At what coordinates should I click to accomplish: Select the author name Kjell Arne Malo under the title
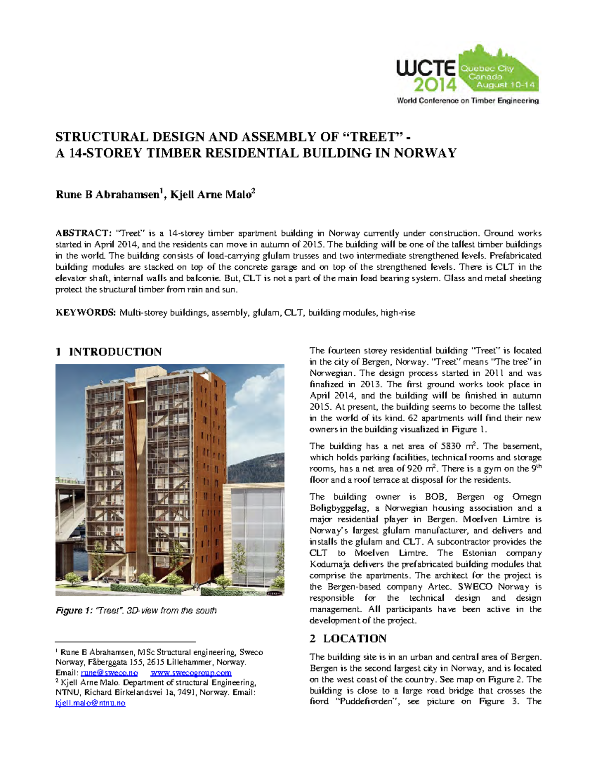click(x=210, y=195)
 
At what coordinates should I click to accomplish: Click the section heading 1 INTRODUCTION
click(x=108, y=352)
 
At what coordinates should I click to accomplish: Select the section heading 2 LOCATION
click(x=348, y=639)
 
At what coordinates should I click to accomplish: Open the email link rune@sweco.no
click(x=109, y=672)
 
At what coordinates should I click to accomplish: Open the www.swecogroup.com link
click(x=191, y=672)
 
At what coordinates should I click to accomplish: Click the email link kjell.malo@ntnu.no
click(x=90, y=703)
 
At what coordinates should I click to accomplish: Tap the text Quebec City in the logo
click(x=487, y=69)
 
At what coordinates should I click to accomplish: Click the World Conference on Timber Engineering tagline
click(x=467, y=101)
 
